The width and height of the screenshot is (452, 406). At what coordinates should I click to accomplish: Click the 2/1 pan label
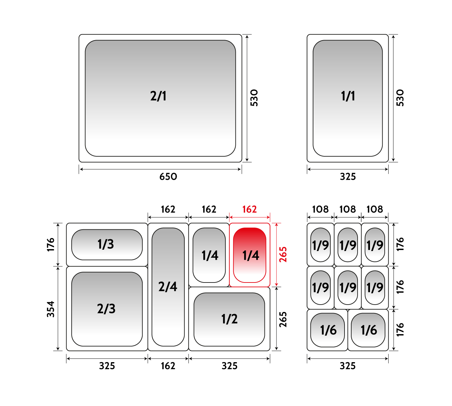[158, 96]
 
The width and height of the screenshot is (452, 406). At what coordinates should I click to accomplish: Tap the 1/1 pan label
[348, 96]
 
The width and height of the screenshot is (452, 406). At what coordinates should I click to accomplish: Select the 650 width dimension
[168, 177]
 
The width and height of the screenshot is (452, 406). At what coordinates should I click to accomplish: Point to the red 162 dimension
[249, 209]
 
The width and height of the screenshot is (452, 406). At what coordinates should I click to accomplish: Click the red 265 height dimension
[283, 254]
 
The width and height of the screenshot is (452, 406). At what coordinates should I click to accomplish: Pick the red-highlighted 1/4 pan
[249, 255]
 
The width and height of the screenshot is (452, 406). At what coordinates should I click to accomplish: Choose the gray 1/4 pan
[209, 255]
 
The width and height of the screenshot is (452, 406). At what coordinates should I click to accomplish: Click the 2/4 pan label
[168, 287]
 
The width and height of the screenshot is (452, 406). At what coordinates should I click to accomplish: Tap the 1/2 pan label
[229, 319]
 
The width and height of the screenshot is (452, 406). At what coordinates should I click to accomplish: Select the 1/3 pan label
[105, 244]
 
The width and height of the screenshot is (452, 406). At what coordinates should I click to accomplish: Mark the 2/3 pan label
[106, 309]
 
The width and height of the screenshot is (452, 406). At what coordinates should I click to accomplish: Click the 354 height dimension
[51, 309]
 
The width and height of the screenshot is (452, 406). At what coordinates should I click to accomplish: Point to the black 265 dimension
[283, 319]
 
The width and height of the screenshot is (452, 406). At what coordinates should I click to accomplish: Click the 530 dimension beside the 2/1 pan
[254, 98]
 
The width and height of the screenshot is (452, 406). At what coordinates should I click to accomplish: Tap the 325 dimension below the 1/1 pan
[348, 177]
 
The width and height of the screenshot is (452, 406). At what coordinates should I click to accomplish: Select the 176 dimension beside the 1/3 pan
[51, 244]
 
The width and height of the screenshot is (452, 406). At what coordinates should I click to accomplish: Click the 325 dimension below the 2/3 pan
[107, 366]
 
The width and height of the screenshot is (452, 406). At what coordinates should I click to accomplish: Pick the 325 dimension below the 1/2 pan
[229, 366]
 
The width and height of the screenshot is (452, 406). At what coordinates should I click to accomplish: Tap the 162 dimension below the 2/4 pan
[168, 366]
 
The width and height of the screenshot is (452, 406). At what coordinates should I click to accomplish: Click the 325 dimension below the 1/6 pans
[348, 366]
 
